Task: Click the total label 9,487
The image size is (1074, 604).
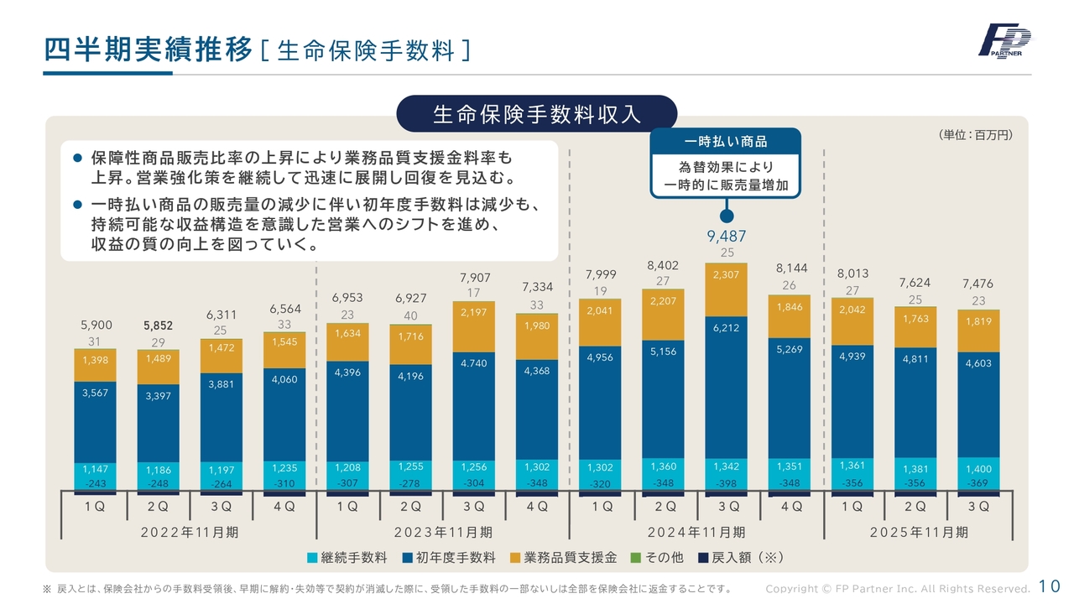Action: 727,237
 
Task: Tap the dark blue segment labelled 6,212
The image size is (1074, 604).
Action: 727,386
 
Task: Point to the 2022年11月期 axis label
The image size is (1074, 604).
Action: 189,532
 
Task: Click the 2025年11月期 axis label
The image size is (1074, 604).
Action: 919,532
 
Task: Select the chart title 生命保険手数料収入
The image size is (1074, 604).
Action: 537,114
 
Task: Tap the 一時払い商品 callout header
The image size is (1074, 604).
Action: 726,142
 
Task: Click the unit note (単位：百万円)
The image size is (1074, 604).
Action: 975,134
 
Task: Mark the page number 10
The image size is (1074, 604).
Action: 1049,586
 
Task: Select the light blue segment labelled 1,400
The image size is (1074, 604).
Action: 978,470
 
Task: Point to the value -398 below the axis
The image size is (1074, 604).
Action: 727,484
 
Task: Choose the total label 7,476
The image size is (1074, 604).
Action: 978,284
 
